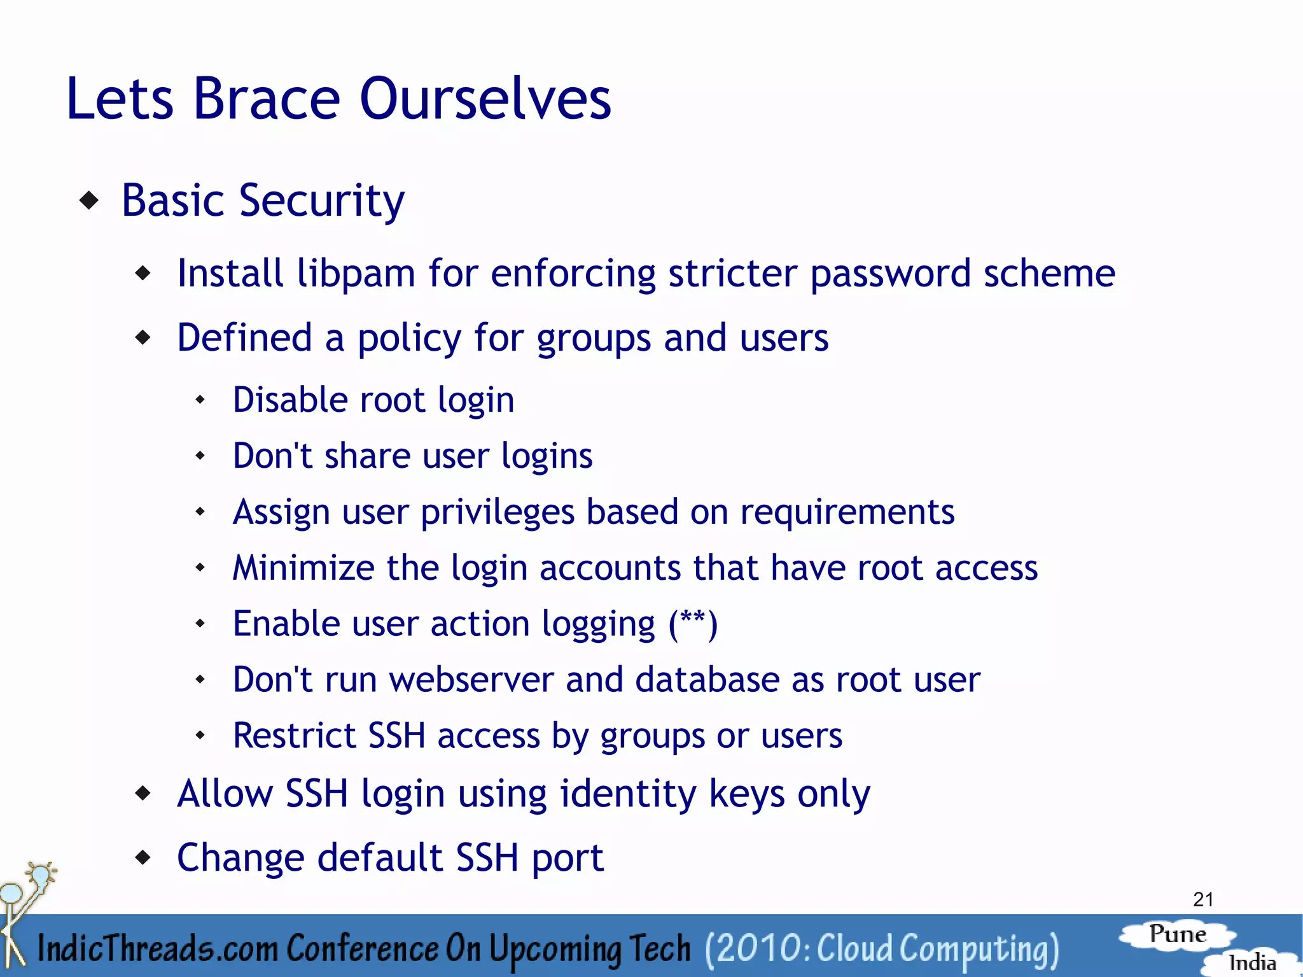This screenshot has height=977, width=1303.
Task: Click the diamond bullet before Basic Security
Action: tap(90, 201)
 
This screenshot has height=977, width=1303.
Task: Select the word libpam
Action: tap(356, 274)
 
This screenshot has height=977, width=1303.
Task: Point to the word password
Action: tap(890, 274)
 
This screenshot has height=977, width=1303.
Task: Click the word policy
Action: tap(409, 338)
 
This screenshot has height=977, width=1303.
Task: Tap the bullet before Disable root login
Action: tap(200, 400)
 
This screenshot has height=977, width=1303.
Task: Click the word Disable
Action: tap(290, 400)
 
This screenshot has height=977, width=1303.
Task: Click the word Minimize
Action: tap(303, 567)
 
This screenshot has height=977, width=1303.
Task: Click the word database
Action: tap(707, 679)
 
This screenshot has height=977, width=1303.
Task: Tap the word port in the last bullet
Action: tap(567, 858)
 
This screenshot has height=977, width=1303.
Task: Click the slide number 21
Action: tap(1203, 899)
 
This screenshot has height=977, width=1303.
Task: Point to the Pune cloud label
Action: tap(1178, 934)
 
